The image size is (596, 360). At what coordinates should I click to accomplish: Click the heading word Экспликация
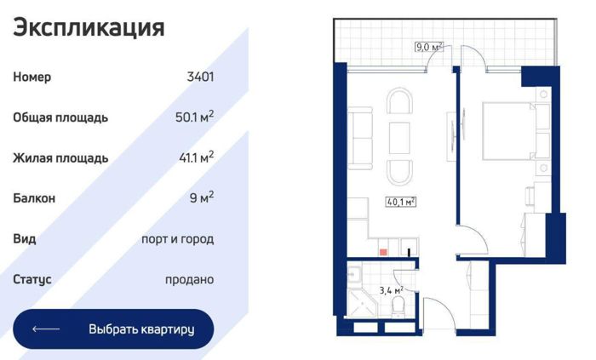pos(89,28)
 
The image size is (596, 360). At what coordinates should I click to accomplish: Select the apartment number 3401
pos(200,77)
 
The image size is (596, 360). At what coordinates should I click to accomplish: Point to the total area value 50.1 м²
pos(194,117)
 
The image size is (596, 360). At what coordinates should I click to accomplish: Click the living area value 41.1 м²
pos(196,157)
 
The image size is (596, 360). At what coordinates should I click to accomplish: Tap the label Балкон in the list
pos(34,197)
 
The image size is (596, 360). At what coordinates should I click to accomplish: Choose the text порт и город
pos(177,239)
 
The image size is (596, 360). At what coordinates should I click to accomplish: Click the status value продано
pos(189,279)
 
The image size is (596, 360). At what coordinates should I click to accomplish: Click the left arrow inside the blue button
pos(46,329)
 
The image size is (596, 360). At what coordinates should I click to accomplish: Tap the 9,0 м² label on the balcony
pos(429,47)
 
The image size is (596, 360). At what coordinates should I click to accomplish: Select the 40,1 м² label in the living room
pos(401,202)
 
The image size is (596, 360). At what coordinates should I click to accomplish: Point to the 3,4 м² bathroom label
pos(391,290)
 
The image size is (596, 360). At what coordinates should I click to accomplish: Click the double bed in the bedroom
pos(509,130)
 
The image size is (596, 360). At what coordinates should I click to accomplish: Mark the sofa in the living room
pos(360,138)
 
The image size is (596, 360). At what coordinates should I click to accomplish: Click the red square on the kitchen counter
pos(383,252)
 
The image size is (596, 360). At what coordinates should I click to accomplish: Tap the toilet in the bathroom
pos(398,306)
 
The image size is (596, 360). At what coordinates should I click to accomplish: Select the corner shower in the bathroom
pos(361,304)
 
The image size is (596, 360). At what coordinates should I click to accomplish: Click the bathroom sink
pos(355,274)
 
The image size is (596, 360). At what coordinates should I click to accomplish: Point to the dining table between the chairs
pos(399,138)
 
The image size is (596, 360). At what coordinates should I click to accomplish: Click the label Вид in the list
pos(25,238)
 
